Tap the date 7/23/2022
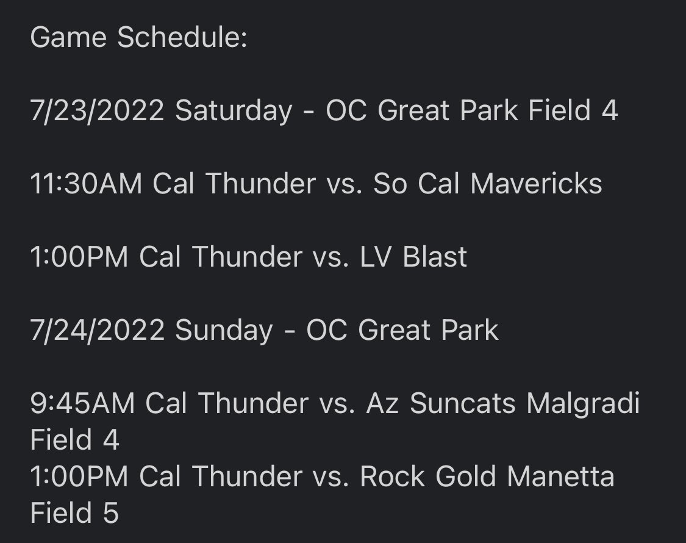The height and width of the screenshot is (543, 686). [x=97, y=111]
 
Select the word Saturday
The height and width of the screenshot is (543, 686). [x=234, y=111]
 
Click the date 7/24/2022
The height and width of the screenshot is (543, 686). [x=97, y=331]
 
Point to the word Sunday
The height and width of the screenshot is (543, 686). [x=224, y=331]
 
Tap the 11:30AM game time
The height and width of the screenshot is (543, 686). [x=85, y=184]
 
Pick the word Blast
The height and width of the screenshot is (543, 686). [x=435, y=257]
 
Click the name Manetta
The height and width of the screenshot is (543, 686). [x=560, y=476]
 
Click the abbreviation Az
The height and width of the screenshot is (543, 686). [x=382, y=404]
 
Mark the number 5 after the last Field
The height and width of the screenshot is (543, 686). [x=110, y=513]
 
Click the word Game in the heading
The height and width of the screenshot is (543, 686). [x=67, y=38]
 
